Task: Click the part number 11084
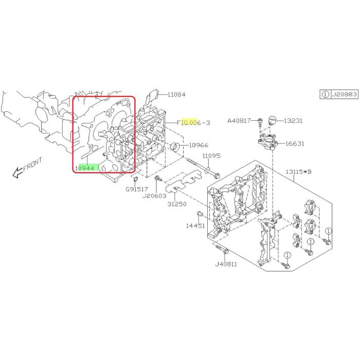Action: pyautogui.click(x=176, y=94)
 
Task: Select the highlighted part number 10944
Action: pyautogui.click(x=85, y=168)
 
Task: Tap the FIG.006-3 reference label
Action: pyautogui.click(x=193, y=122)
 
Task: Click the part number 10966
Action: pyautogui.click(x=199, y=145)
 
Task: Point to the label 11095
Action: pyautogui.click(x=211, y=156)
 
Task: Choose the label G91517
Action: pyautogui.click(x=137, y=189)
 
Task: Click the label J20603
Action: pyautogui.click(x=154, y=196)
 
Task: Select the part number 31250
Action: pyautogui.click(x=177, y=204)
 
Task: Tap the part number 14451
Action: pyautogui.click(x=195, y=226)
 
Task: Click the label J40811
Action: pyautogui.click(x=226, y=264)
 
